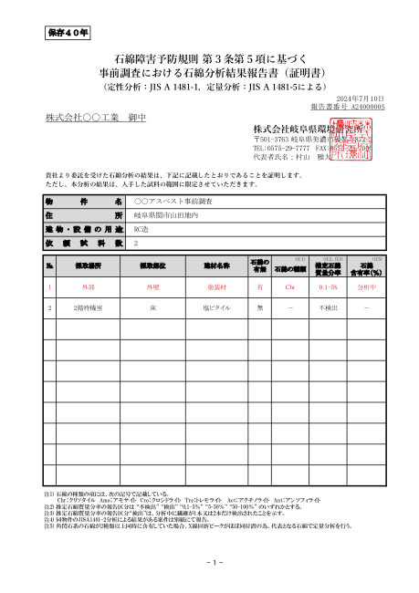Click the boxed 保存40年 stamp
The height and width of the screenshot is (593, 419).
tap(68, 34)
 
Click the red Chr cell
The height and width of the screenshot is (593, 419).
tap(290, 286)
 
